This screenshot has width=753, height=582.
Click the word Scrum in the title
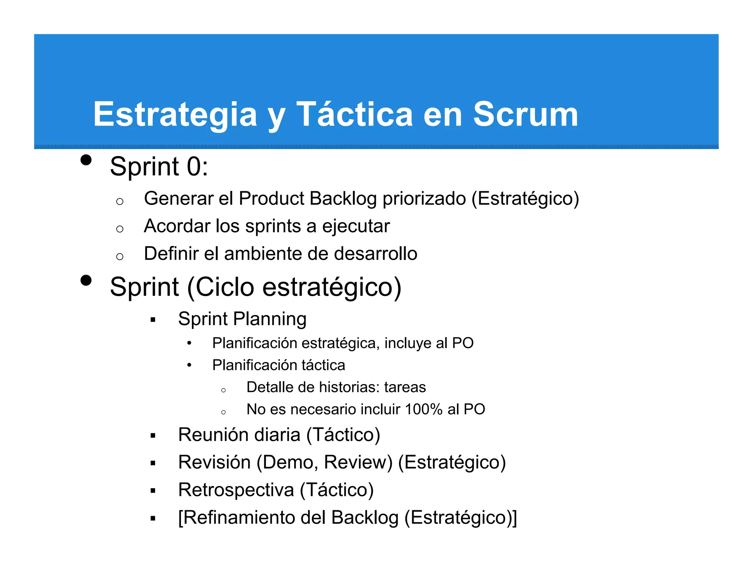(525, 114)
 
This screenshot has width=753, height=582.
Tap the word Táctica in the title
(354, 114)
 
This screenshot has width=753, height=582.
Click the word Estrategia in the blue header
(175, 115)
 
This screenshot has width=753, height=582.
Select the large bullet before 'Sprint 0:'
(86, 160)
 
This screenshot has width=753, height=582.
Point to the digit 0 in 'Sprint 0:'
(194, 167)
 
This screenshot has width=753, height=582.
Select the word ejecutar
(356, 227)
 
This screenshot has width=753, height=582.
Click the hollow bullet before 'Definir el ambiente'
(119, 256)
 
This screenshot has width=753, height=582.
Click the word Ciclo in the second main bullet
(225, 287)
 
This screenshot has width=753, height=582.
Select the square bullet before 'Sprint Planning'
(153, 320)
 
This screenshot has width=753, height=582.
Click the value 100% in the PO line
(423, 409)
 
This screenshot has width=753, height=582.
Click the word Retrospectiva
(236, 490)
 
